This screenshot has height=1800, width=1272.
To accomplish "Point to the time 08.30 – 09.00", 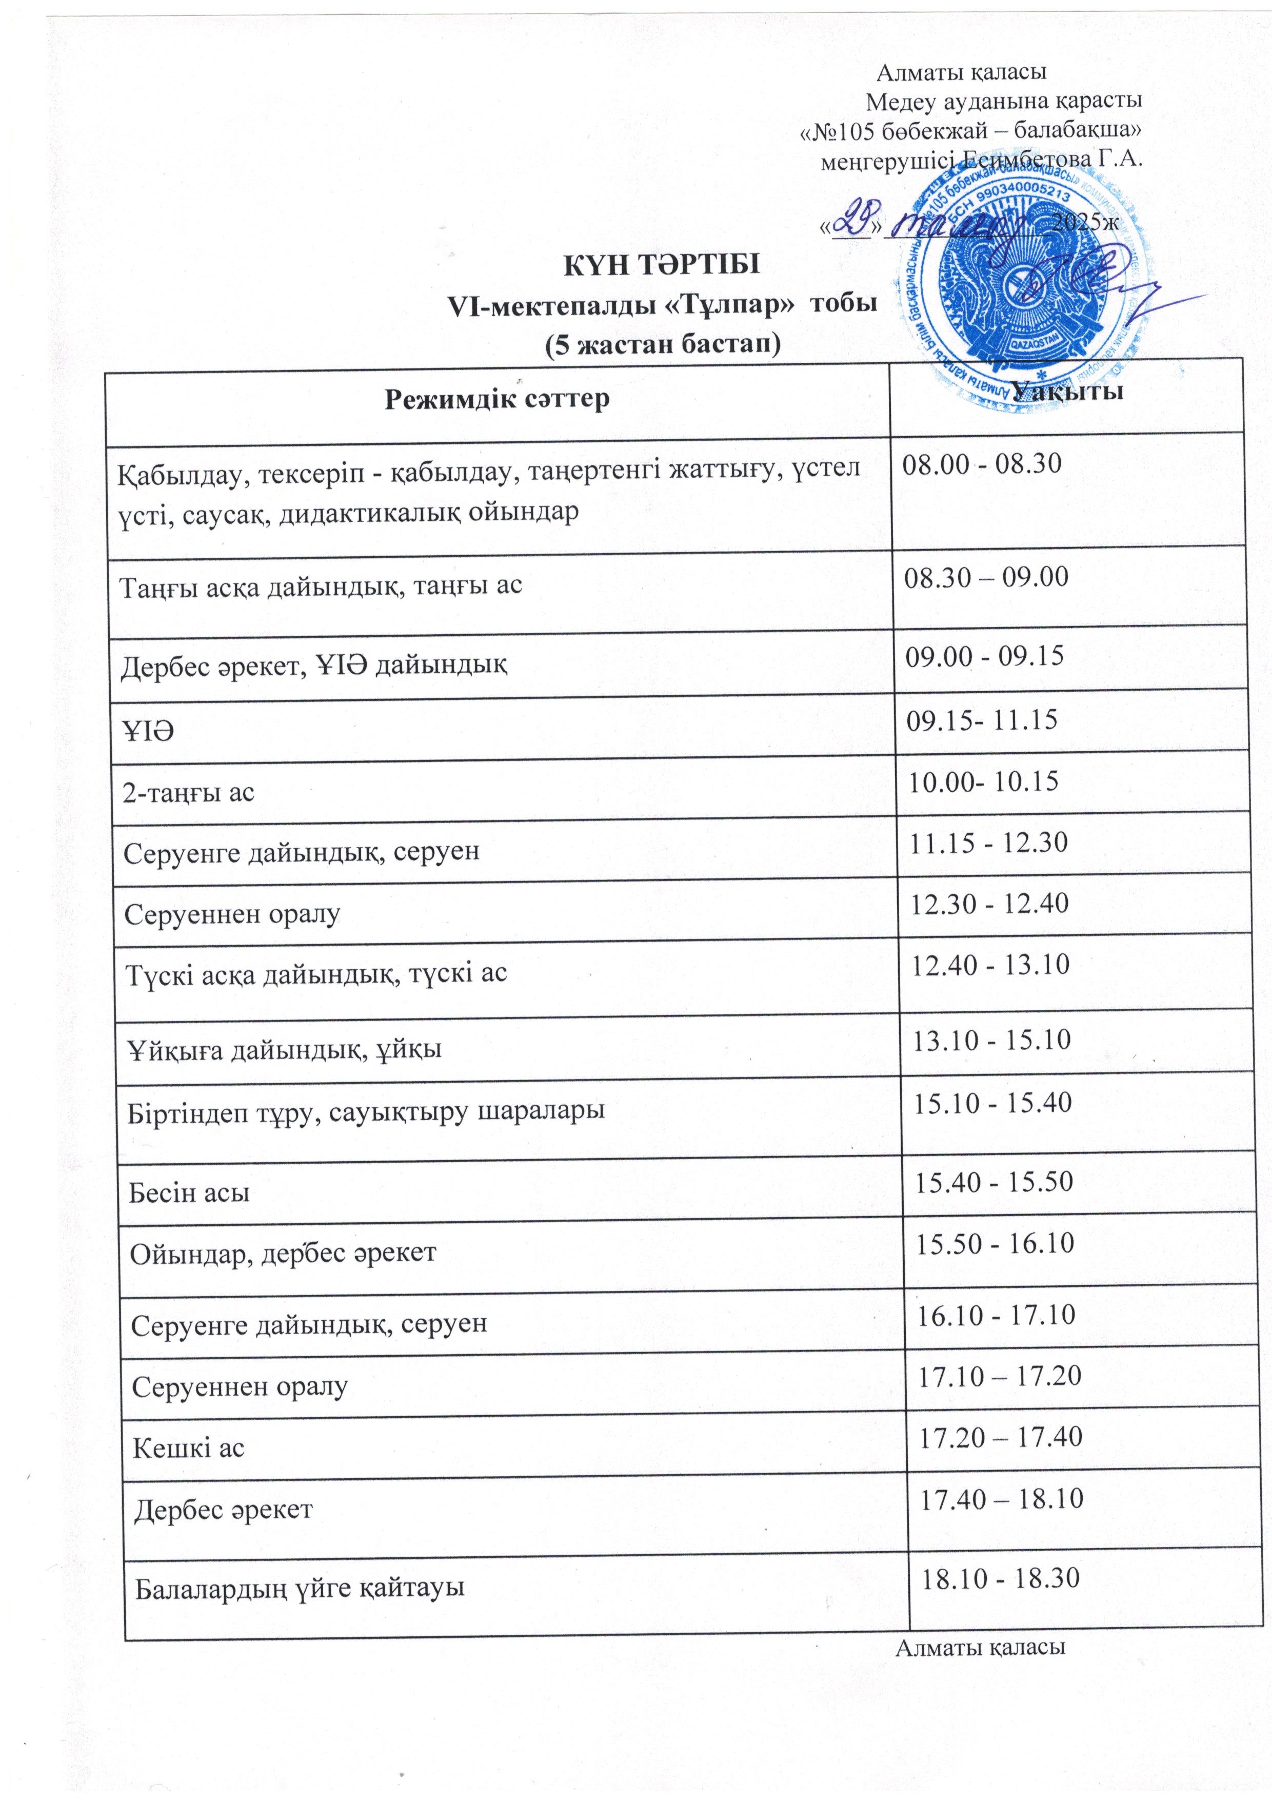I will click(x=986, y=577).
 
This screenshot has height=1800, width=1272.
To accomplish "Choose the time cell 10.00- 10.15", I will click(x=983, y=781).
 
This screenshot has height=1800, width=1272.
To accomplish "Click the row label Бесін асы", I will click(x=190, y=1193).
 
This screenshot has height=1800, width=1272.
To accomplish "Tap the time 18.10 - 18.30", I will click(x=1001, y=1577).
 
